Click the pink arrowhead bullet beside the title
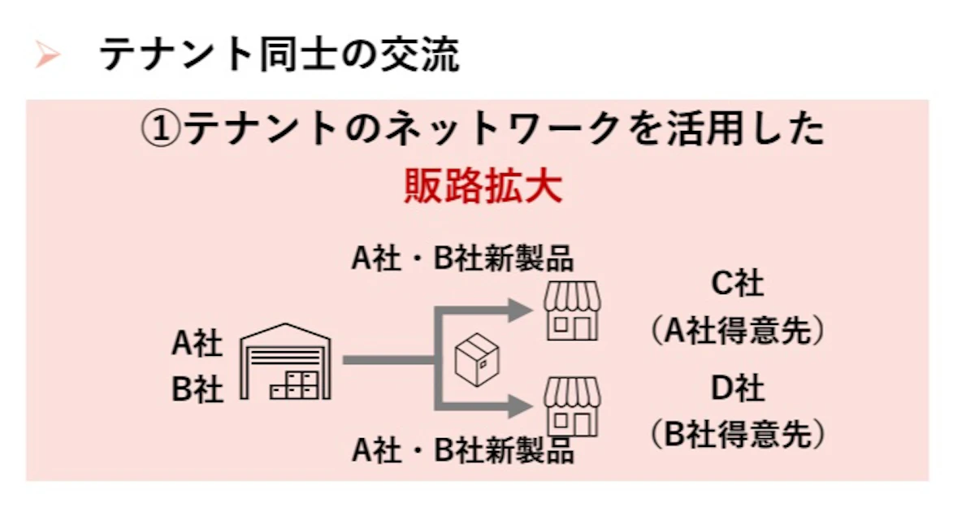coord(47,54)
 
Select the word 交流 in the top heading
coord(420,54)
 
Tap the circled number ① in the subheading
coord(161,128)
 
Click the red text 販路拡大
coord(483,186)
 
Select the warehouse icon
coord(285,362)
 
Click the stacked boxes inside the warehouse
coord(294,386)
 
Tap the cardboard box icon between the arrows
coord(477,359)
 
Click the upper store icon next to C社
coord(572,310)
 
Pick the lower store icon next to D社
coord(572,407)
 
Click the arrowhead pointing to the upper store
coord(520,310)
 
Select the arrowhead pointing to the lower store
coord(520,407)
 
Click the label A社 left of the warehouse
coord(197,343)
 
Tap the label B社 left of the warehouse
coord(197,388)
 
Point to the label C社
coord(738,283)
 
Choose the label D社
coord(738,388)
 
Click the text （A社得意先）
coord(738,331)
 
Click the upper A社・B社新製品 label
coord(462,258)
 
